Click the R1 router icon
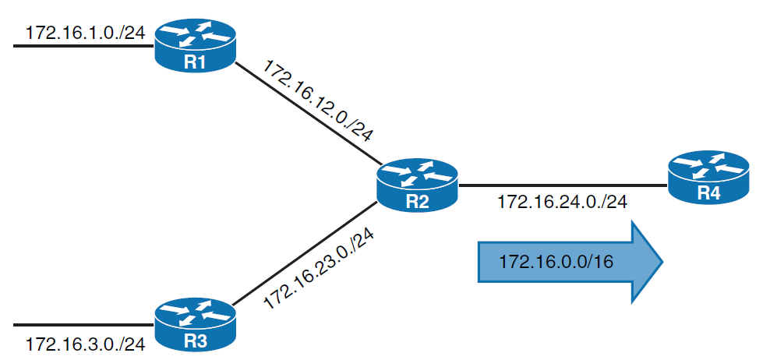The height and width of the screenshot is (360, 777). (194, 47)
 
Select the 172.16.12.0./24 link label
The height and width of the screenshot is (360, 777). (319, 101)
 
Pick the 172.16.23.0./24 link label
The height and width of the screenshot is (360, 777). (320, 266)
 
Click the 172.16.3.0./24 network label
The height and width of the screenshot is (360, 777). (85, 344)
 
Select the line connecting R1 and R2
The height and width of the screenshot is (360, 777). (304, 116)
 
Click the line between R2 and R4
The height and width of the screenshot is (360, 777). (561, 186)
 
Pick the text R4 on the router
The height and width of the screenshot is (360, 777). (708, 193)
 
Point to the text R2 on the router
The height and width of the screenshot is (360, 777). (417, 203)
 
